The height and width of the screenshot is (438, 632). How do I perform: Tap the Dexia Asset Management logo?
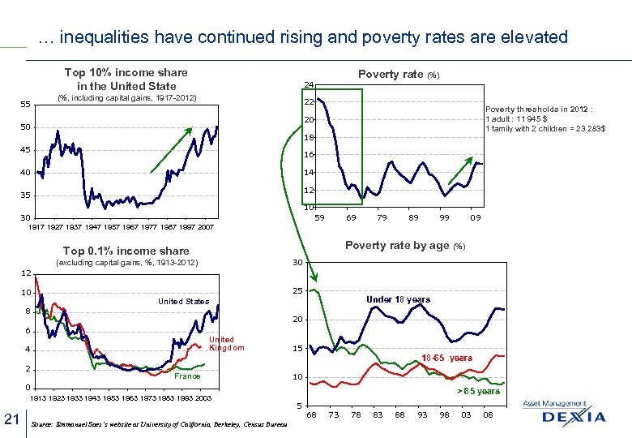click(x=564, y=414)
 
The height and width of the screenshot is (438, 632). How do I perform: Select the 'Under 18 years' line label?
click(x=398, y=299)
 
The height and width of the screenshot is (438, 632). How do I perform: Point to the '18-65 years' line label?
click(x=446, y=358)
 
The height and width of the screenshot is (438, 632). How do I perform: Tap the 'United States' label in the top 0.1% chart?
click(x=183, y=302)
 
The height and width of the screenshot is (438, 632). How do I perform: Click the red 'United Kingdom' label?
click(x=221, y=344)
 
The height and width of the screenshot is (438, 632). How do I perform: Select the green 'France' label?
click(x=187, y=376)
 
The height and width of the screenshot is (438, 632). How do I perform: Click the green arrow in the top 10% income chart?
click(x=171, y=149)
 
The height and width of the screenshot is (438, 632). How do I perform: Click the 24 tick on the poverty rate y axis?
click(x=308, y=84)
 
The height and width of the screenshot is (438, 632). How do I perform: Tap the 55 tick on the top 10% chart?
click(x=25, y=105)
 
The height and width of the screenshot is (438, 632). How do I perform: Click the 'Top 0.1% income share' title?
click(x=126, y=251)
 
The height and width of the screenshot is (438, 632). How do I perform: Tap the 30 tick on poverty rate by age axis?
click(x=297, y=262)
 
